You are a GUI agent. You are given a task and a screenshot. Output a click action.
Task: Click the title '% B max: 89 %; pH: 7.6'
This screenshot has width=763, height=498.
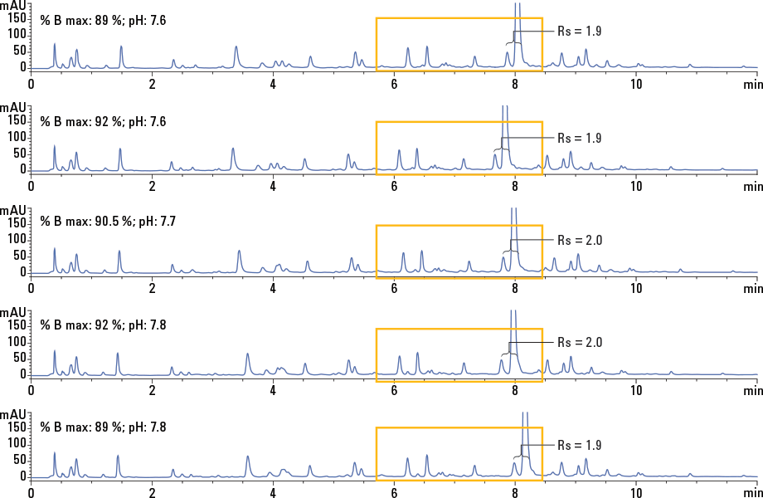pyautogui.click(x=103, y=20)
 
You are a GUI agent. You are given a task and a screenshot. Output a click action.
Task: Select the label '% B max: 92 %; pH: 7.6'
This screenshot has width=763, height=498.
pyautogui.click(x=103, y=122)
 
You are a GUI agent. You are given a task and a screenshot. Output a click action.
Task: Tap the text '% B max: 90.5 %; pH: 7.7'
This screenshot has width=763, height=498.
pyautogui.click(x=108, y=222)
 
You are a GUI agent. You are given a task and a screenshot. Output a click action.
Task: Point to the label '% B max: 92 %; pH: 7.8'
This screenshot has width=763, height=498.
pyautogui.click(x=103, y=325)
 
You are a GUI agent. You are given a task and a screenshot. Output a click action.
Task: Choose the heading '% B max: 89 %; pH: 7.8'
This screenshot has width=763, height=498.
pyautogui.click(x=103, y=427)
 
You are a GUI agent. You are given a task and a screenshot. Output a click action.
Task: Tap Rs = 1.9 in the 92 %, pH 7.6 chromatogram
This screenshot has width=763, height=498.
pyautogui.click(x=579, y=138)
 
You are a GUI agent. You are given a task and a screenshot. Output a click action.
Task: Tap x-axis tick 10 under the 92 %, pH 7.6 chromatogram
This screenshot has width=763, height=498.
pyautogui.click(x=635, y=186)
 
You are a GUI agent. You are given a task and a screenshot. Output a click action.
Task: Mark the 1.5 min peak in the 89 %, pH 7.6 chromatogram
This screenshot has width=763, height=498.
pyautogui.click(x=121, y=47)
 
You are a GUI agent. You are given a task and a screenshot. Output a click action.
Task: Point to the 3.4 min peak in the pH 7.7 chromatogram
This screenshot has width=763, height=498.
pyautogui.click(x=239, y=251)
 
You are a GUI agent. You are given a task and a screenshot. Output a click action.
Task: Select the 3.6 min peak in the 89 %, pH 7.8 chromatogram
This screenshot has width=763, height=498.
pyautogui.click(x=248, y=457)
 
